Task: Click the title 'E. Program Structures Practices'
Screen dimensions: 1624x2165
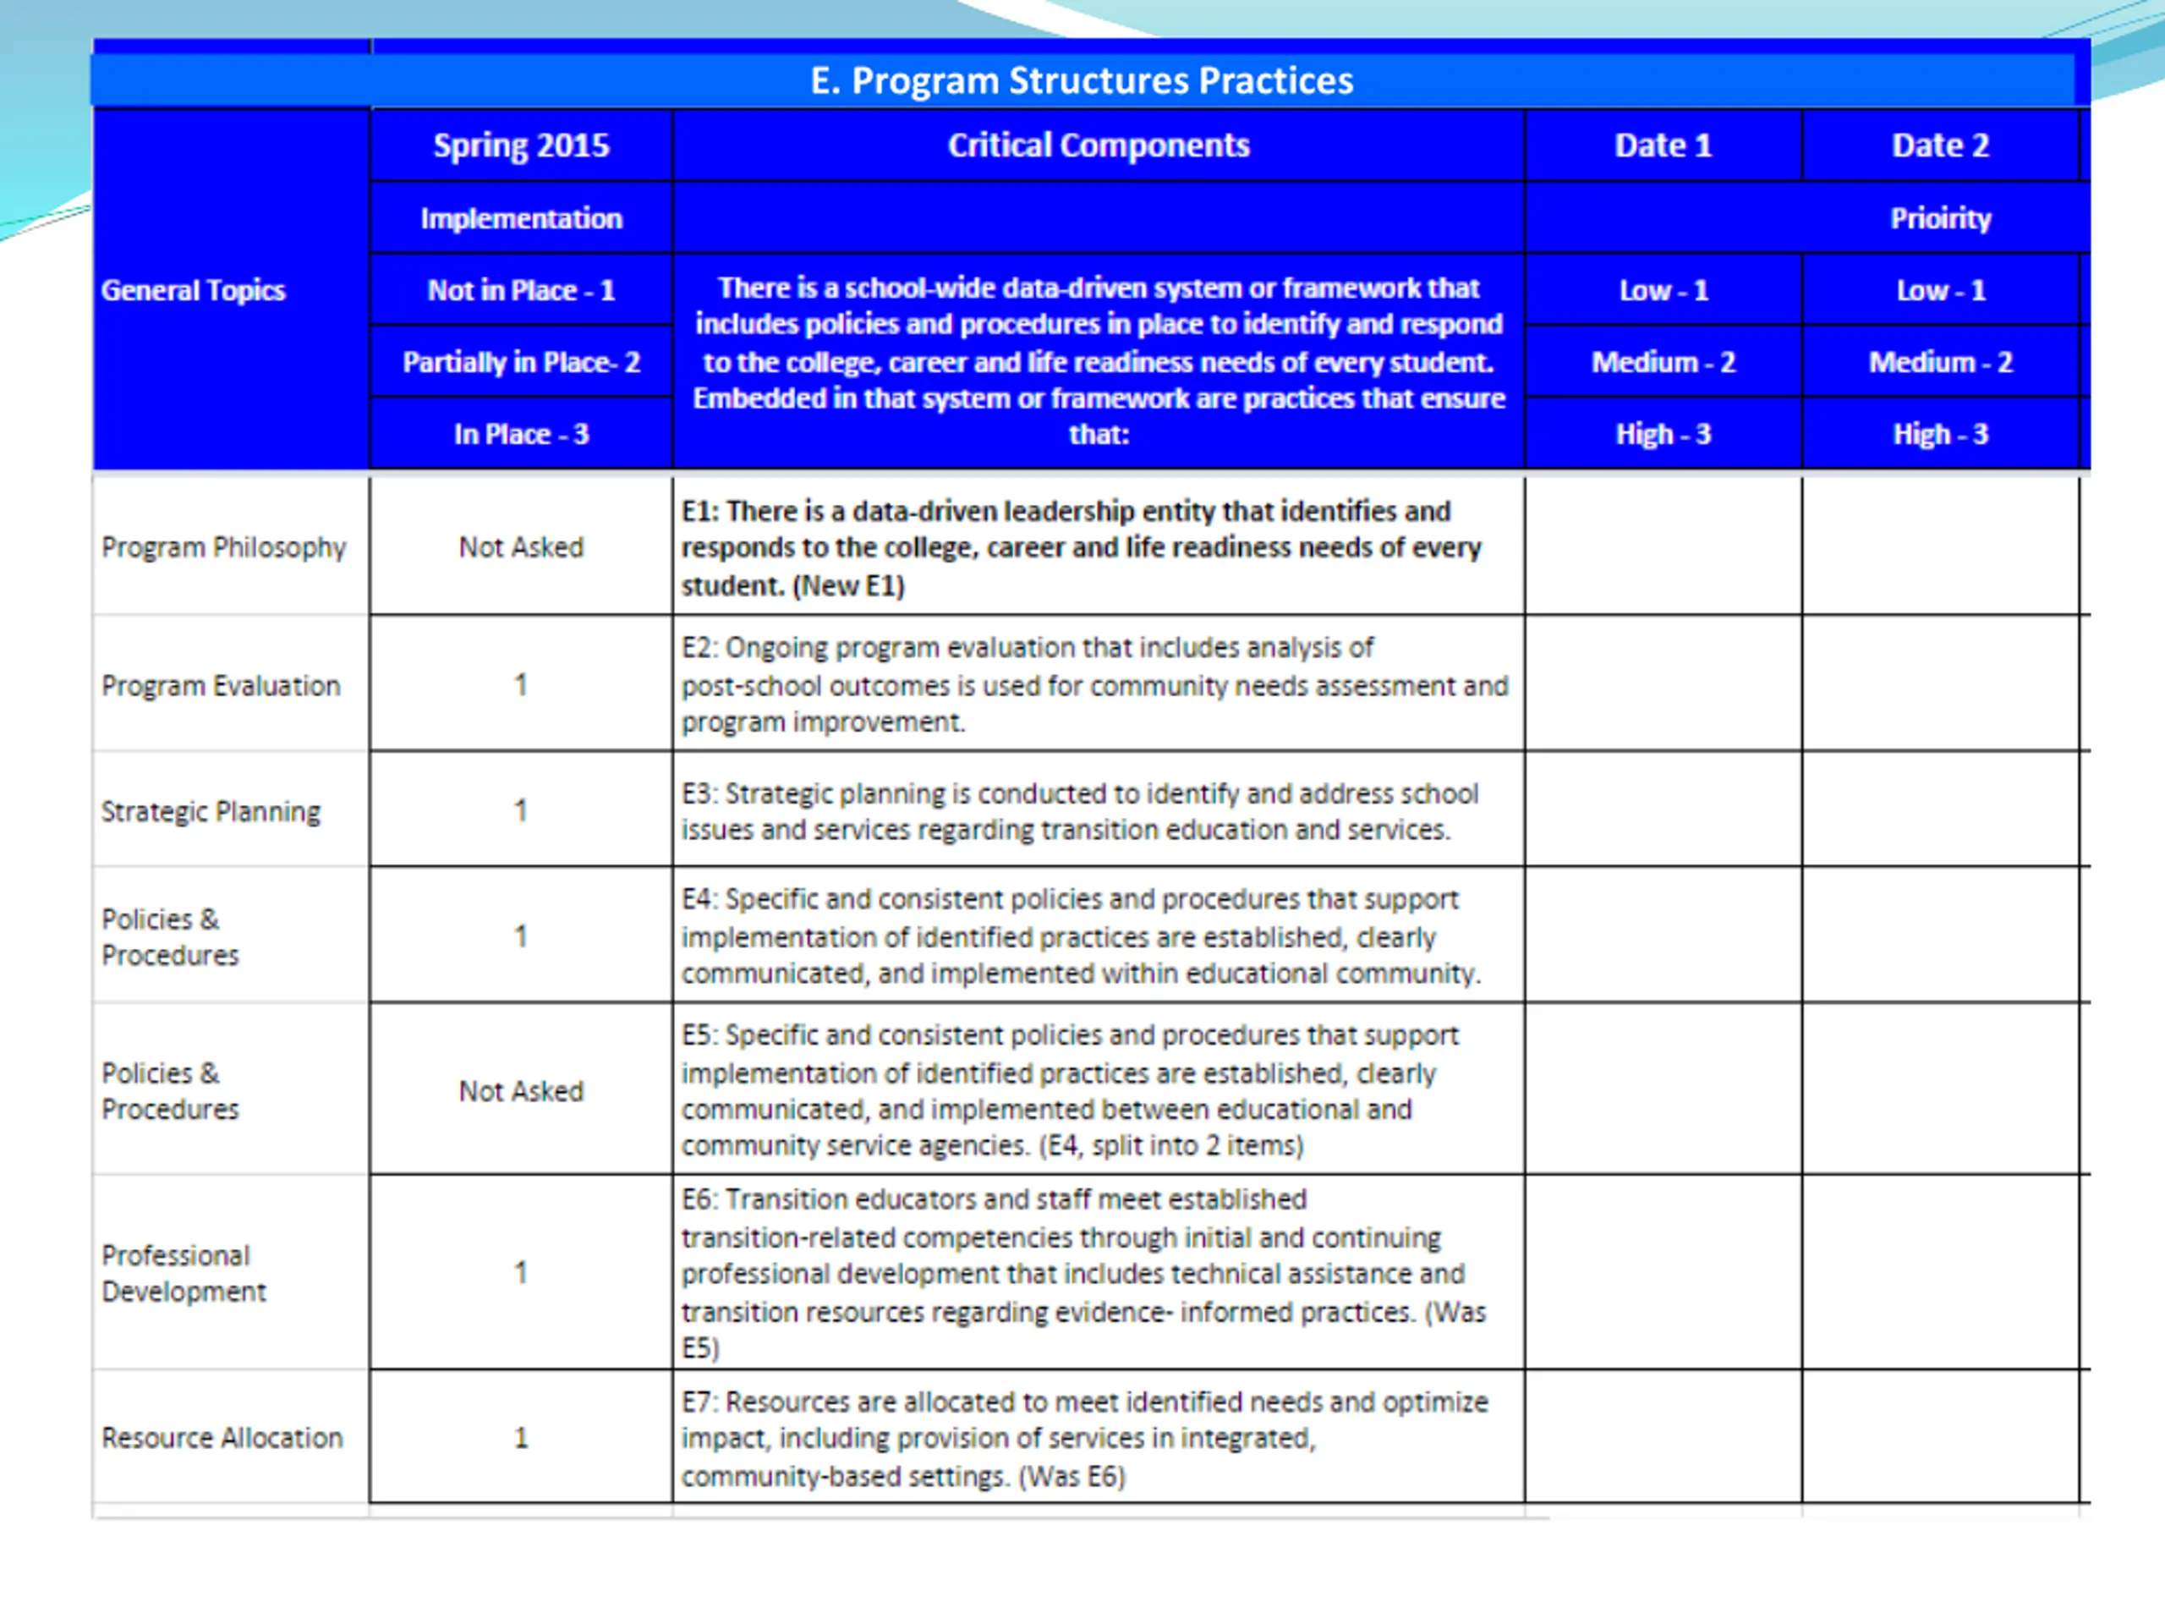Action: [x=1081, y=80]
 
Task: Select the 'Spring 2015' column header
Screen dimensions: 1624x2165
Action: [x=521, y=145]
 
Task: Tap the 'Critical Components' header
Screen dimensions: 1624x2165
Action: [x=1099, y=145]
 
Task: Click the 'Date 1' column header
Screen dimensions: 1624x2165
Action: [x=1663, y=145]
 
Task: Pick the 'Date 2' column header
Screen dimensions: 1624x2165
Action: [x=1940, y=145]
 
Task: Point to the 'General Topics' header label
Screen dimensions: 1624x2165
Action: [x=193, y=291]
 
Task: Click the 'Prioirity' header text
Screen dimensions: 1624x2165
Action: [x=1940, y=218]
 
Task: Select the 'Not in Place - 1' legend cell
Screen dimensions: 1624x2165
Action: [x=521, y=291]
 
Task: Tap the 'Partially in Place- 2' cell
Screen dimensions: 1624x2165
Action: [x=521, y=362]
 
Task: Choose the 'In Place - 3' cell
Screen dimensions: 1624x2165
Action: [x=521, y=435]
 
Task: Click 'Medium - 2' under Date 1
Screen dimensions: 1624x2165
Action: [x=1663, y=362]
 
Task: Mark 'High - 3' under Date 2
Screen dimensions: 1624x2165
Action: [x=1940, y=435]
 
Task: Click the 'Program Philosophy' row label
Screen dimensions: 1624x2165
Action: [x=223, y=547]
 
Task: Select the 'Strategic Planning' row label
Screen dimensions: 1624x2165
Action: [x=211, y=811]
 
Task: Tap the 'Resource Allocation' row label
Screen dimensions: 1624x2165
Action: [x=222, y=1438]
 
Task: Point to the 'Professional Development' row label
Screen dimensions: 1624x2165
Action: [x=183, y=1274]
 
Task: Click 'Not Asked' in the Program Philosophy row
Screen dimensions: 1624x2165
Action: [x=521, y=547]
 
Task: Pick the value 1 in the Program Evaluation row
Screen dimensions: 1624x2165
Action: [x=521, y=684]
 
